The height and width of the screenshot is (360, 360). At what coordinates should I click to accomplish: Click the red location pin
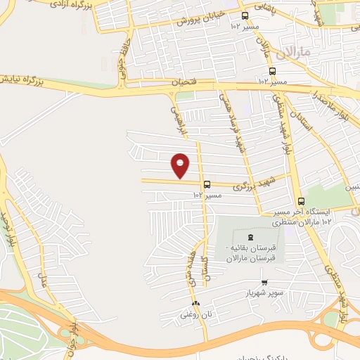coord(180,165)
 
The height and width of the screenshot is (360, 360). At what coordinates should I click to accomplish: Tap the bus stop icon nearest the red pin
coord(206,184)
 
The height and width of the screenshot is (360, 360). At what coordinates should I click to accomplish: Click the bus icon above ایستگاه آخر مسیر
coord(301,201)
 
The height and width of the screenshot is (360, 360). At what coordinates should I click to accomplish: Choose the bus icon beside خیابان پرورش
coord(245,15)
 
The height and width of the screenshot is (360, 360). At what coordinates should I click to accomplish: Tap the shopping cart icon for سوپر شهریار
coord(264,282)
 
